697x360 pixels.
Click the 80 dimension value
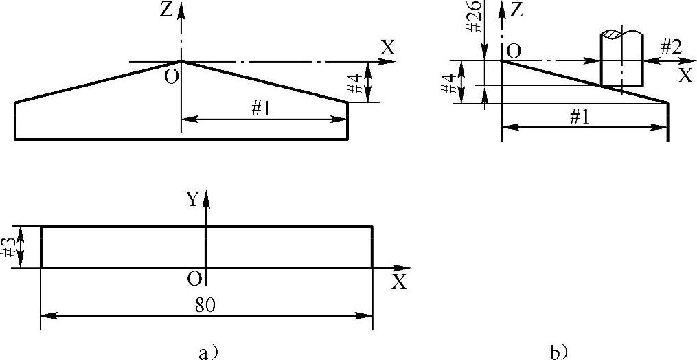pyautogui.click(x=206, y=306)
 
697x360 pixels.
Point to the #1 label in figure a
pyautogui.click(x=260, y=109)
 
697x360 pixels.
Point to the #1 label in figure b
pyautogui.click(x=580, y=116)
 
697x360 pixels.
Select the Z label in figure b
pyautogui.click(x=517, y=11)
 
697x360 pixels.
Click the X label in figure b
pyautogui.click(x=684, y=76)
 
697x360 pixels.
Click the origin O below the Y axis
pyautogui.click(x=195, y=278)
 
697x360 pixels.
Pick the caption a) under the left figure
pyautogui.click(x=207, y=352)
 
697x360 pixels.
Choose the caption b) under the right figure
pyautogui.click(x=558, y=352)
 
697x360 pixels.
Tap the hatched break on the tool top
pyautogui.click(x=621, y=34)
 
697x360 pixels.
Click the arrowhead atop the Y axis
pyautogui.click(x=206, y=197)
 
